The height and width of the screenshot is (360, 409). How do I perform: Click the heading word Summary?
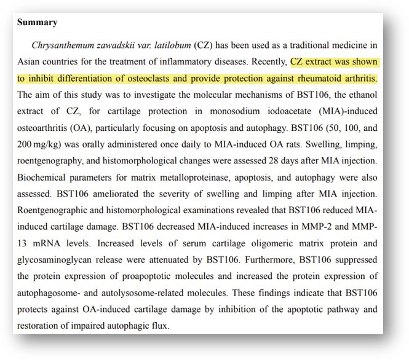[37, 23]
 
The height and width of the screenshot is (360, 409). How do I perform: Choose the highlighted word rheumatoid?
[327, 79]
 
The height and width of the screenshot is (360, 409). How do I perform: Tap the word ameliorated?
[125, 195]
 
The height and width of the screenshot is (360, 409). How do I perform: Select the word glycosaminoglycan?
[60, 261]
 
